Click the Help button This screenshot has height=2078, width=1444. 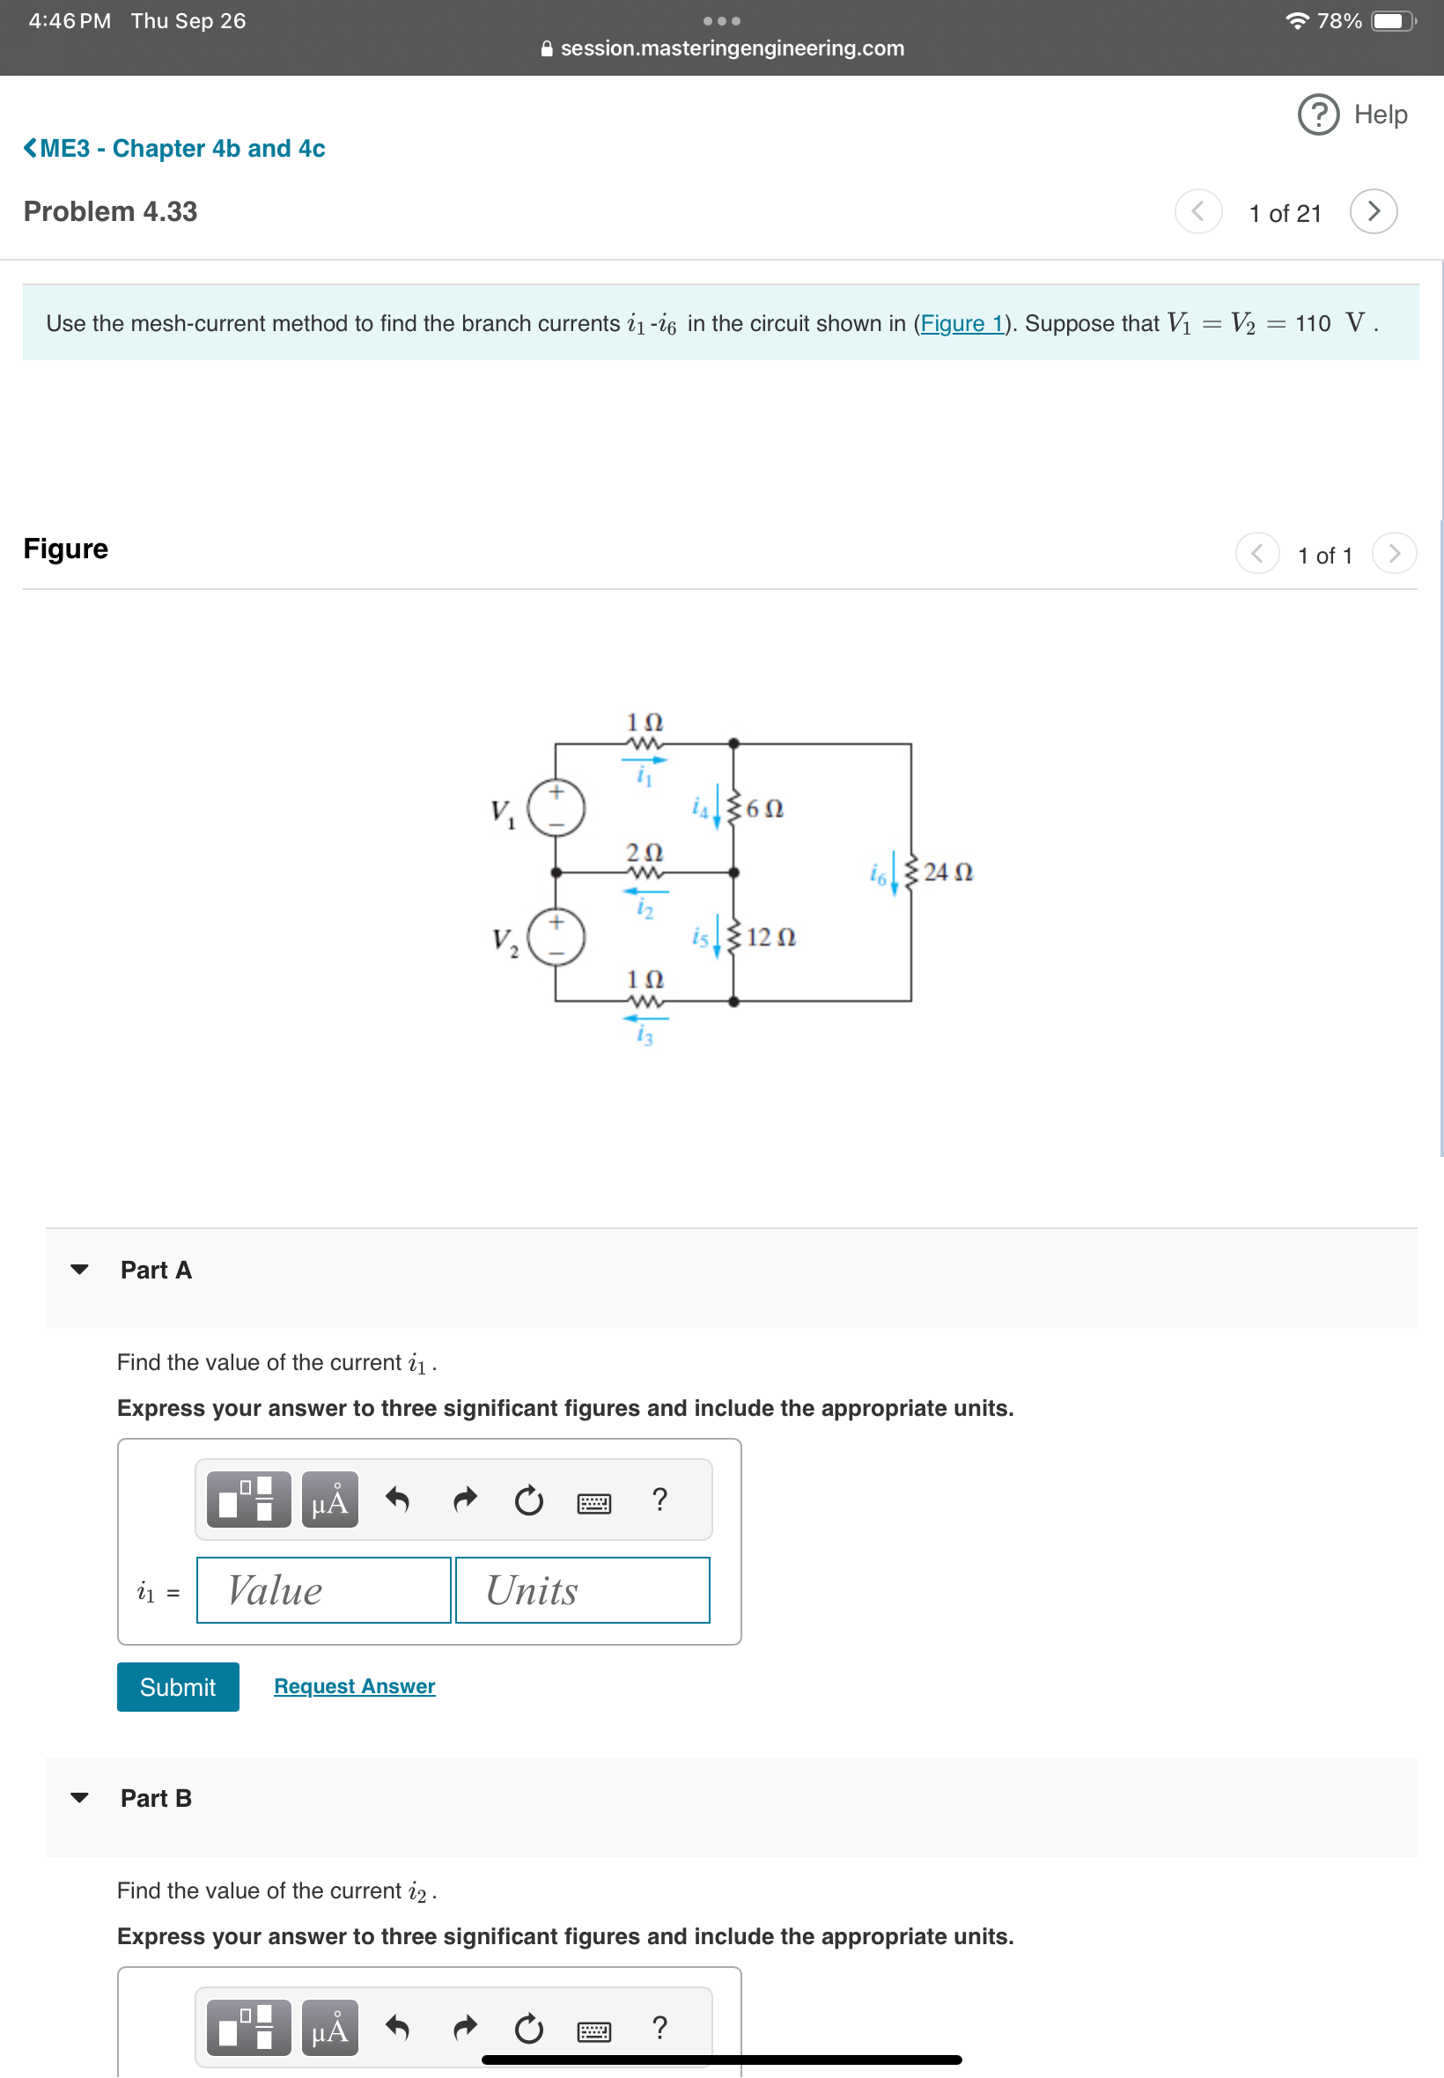click(x=1352, y=114)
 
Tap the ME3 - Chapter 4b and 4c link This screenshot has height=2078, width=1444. click(x=174, y=148)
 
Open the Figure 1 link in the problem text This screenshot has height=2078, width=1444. click(x=961, y=323)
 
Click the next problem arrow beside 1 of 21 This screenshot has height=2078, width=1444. click(x=1373, y=211)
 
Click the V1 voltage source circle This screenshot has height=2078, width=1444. click(x=556, y=807)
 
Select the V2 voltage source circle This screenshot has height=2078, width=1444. click(x=556, y=936)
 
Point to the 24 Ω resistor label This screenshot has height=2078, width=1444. click(x=947, y=872)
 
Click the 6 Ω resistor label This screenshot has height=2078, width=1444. click(x=763, y=809)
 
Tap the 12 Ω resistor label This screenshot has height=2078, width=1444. click(x=770, y=937)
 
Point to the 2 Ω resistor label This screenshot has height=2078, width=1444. click(x=645, y=852)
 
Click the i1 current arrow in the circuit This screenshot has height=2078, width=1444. click(x=645, y=761)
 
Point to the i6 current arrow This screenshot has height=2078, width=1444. click(x=894, y=872)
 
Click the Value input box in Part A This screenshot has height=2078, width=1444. click(x=323, y=1589)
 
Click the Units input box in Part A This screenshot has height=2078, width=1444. click(x=582, y=1589)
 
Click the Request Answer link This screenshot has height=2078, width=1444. click(x=354, y=1686)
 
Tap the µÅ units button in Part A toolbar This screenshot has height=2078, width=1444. click(x=329, y=1499)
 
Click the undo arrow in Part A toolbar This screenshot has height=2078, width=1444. click(x=397, y=1499)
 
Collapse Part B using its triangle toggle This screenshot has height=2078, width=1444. click(x=79, y=1797)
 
